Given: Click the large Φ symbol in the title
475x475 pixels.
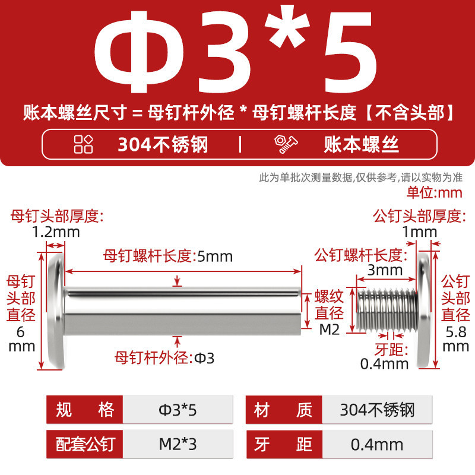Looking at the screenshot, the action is point(140,52).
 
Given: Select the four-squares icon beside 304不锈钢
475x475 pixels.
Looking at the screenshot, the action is point(83,144).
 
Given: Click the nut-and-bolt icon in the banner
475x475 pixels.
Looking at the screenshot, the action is point(286,144).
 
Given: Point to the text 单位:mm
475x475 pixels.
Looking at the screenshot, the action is point(435,192).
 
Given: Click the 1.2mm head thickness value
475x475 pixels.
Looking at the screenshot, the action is point(56,232).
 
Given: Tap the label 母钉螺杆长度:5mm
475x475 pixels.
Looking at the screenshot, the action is point(168,256).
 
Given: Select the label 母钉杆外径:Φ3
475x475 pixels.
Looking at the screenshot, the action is point(164,358).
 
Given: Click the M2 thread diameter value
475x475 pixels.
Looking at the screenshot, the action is point(330,330).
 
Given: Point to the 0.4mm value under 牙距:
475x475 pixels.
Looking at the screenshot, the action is point(384,363).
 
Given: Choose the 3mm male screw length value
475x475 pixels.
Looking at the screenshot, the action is point(385,270).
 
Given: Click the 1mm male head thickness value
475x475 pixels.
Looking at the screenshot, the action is point(420,232).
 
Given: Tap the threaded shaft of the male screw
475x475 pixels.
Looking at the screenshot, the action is point(387,310).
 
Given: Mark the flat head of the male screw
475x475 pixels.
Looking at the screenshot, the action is point(424,311).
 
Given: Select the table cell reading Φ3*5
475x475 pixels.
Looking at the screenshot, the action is point(178,410).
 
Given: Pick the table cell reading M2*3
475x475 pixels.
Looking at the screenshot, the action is point(178,444).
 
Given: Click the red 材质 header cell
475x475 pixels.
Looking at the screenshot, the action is point(284,410).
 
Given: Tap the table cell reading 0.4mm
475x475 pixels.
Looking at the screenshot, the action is point(377,444).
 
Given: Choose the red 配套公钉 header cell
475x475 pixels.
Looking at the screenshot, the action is point(84,444).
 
